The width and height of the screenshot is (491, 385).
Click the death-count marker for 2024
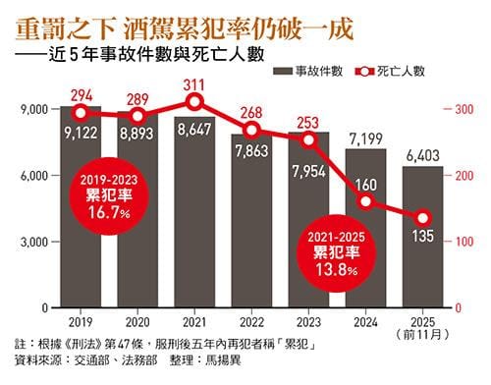pos(366,201)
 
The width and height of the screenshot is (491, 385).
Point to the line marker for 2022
pos(252,130)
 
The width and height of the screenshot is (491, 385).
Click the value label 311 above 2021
pos(194,83)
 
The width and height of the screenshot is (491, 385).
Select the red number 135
pos(424,236)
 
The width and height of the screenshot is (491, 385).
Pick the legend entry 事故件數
pos(322,71)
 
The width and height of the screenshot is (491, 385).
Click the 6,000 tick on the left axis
pos(36,175)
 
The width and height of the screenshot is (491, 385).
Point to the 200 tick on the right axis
pos(459,175)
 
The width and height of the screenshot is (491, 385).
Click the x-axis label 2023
pos(309,322)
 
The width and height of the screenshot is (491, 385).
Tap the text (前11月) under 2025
pos(423,335)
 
